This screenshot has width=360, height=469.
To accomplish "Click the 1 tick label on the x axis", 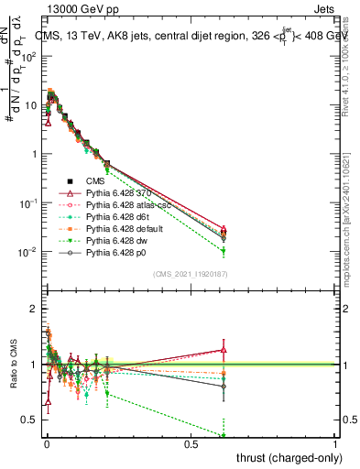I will pos(335,443).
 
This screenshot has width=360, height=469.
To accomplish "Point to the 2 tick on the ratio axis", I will pos(34,309).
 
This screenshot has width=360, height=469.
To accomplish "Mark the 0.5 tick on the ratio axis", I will pos(30,420).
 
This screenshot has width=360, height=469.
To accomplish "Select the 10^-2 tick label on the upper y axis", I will pos(27,251).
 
